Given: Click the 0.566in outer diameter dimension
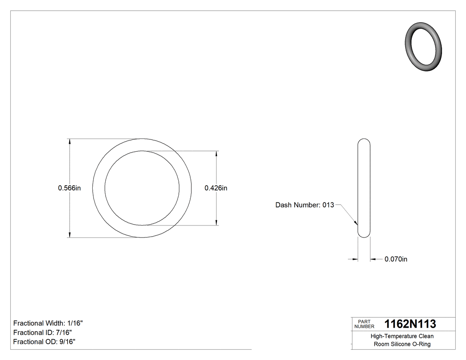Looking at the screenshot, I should pos(69,188).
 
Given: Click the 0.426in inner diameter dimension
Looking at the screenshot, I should pos(216,188).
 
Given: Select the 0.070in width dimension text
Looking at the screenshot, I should pos(395,259).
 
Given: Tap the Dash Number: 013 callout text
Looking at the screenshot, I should pos(304,205).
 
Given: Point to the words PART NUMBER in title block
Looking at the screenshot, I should pos(364,324).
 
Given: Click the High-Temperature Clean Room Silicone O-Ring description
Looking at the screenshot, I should pos(402,340).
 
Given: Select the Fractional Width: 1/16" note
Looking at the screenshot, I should pos(48,324).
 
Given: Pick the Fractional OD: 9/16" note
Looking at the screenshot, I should pos(44,342).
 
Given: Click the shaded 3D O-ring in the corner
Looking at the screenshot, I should pos(424,46).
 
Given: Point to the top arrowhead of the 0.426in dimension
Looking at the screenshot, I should pos(216,154).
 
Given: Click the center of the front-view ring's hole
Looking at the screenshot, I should pos(142,188).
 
